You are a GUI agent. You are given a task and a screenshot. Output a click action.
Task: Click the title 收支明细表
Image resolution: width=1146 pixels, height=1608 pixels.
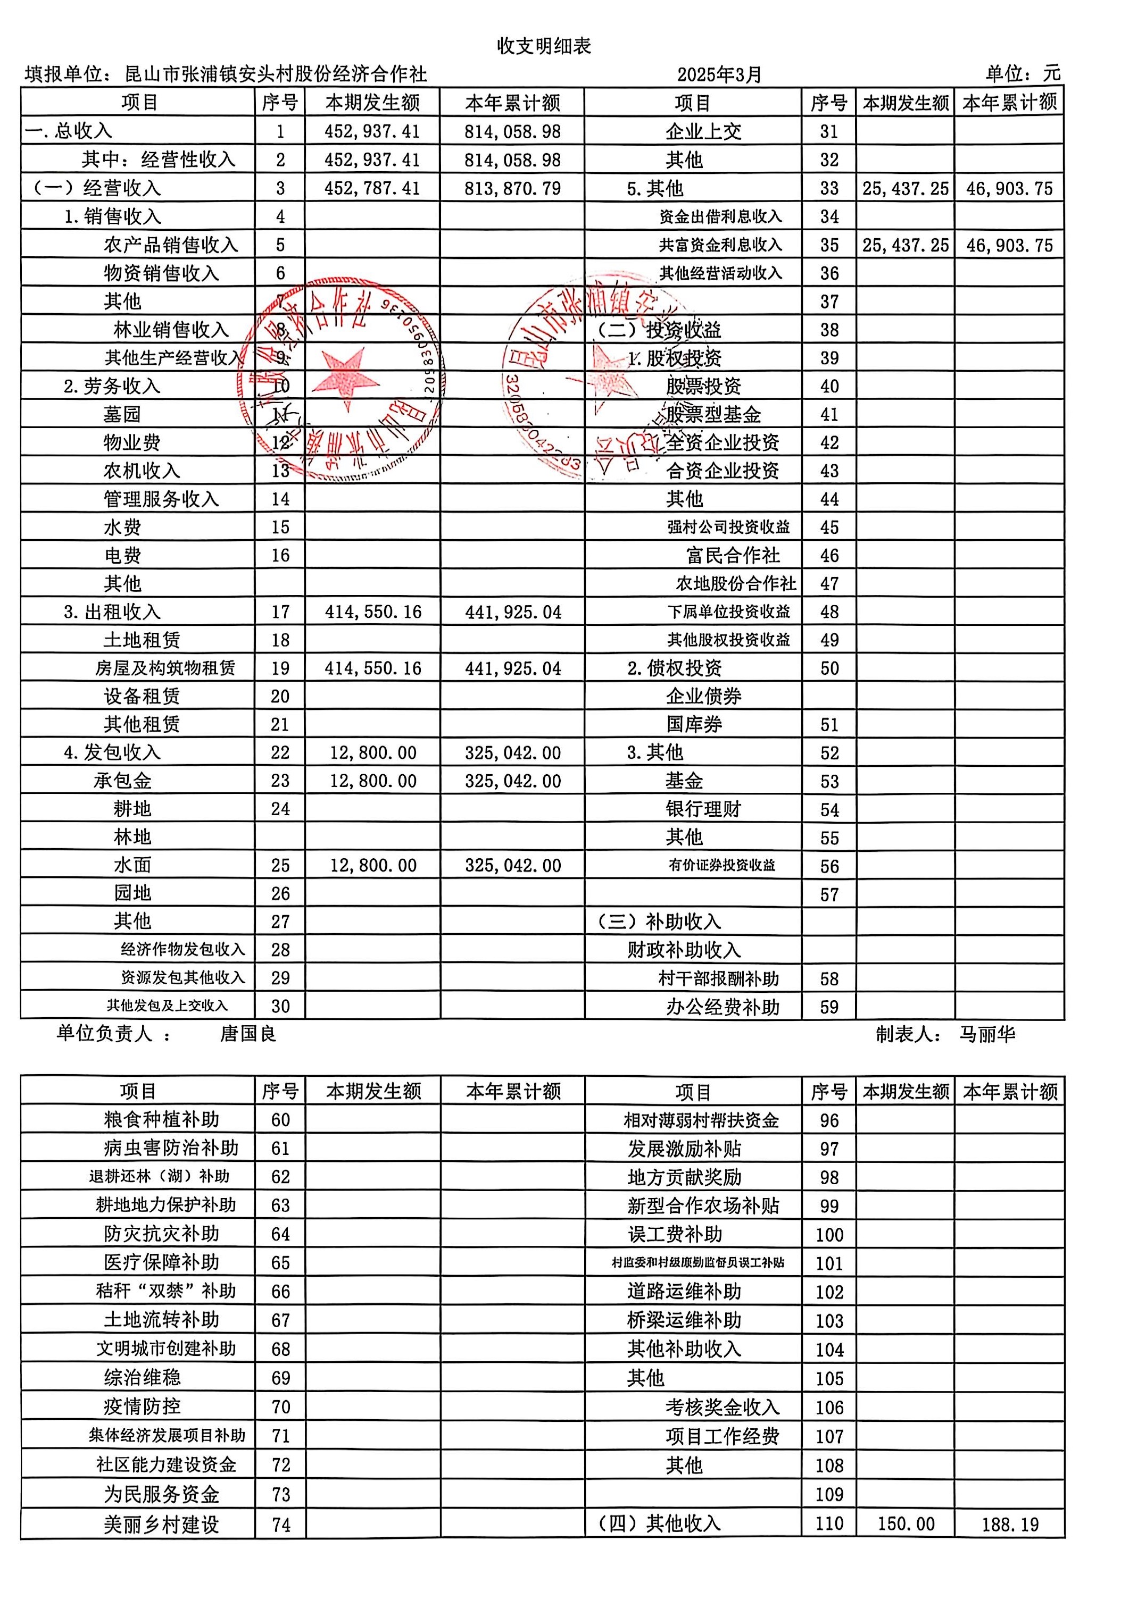coord(543,47)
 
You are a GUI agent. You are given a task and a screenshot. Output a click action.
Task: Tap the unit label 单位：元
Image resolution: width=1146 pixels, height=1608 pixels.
coord(1023,73)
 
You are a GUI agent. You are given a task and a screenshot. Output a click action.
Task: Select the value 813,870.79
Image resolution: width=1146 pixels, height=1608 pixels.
coord(512,188)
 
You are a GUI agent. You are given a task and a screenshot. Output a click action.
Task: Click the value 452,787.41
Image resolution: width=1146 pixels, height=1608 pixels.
coord(372,188)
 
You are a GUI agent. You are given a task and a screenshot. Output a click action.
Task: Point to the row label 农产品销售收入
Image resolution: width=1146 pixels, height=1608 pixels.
coord(171,245)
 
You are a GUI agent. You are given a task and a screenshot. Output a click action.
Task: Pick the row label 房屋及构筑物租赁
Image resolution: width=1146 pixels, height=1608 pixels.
coord(165,668)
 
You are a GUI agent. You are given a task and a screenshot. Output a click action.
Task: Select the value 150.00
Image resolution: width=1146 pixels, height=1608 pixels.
coord(906,1523)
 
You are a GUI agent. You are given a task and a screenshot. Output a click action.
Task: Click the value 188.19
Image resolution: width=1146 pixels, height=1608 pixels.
coord(1010,1524)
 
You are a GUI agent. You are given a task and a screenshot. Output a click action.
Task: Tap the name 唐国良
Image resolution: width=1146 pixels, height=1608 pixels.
coord(248,1033)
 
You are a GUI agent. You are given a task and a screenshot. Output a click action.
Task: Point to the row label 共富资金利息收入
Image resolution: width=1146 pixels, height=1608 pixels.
coord(720,245)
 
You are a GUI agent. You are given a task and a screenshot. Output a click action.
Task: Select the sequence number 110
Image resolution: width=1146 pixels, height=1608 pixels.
coord(829,1523)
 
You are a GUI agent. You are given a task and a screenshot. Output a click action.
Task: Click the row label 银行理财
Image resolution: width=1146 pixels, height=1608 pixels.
coord(703,809)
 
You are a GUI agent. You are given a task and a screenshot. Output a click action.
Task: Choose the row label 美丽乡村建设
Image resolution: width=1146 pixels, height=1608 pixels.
coord(162,1524)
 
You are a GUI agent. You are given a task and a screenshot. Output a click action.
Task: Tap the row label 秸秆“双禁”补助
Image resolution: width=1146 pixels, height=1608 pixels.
coord(166,1291)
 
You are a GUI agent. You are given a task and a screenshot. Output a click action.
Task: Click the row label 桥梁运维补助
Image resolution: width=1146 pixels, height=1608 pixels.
coord(684,1320)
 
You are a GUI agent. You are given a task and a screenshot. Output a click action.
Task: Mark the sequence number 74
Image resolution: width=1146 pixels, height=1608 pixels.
coord(281,1525)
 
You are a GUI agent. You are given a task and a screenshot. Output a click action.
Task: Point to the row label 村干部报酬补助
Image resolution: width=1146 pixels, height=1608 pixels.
coord(718,978)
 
